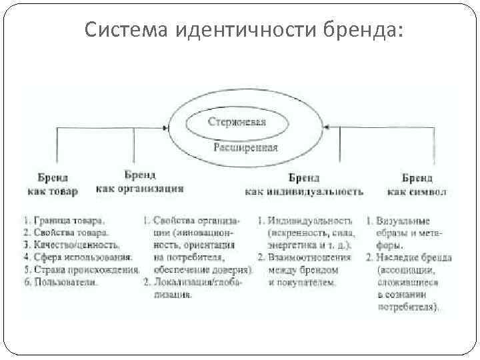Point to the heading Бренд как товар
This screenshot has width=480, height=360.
point(53,185)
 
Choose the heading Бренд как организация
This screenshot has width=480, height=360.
point(139,181)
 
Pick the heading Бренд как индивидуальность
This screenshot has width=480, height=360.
point(304,185)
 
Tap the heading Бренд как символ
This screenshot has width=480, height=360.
point(417,185)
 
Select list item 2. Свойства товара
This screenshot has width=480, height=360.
point(64,233)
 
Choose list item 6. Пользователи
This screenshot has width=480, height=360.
point(59,282)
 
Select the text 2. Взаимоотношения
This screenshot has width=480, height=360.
point(304,257)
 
